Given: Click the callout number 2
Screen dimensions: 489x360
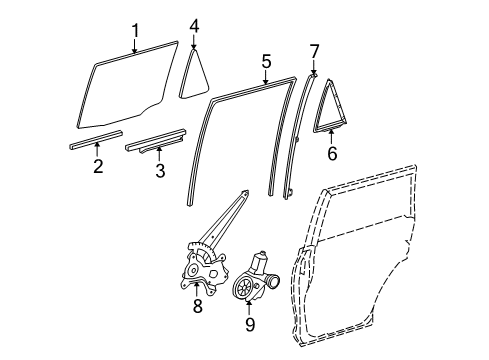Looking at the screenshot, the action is click(97, 165).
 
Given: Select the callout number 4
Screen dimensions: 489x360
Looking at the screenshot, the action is click(194, 25).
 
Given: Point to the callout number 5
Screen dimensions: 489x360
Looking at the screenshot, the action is click(265, 61).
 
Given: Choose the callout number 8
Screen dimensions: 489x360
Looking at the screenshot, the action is click(197, 306).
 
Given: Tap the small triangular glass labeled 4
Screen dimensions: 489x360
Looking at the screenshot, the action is click(193, 77).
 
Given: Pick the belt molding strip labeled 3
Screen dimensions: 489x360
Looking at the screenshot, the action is click(155, 141).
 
